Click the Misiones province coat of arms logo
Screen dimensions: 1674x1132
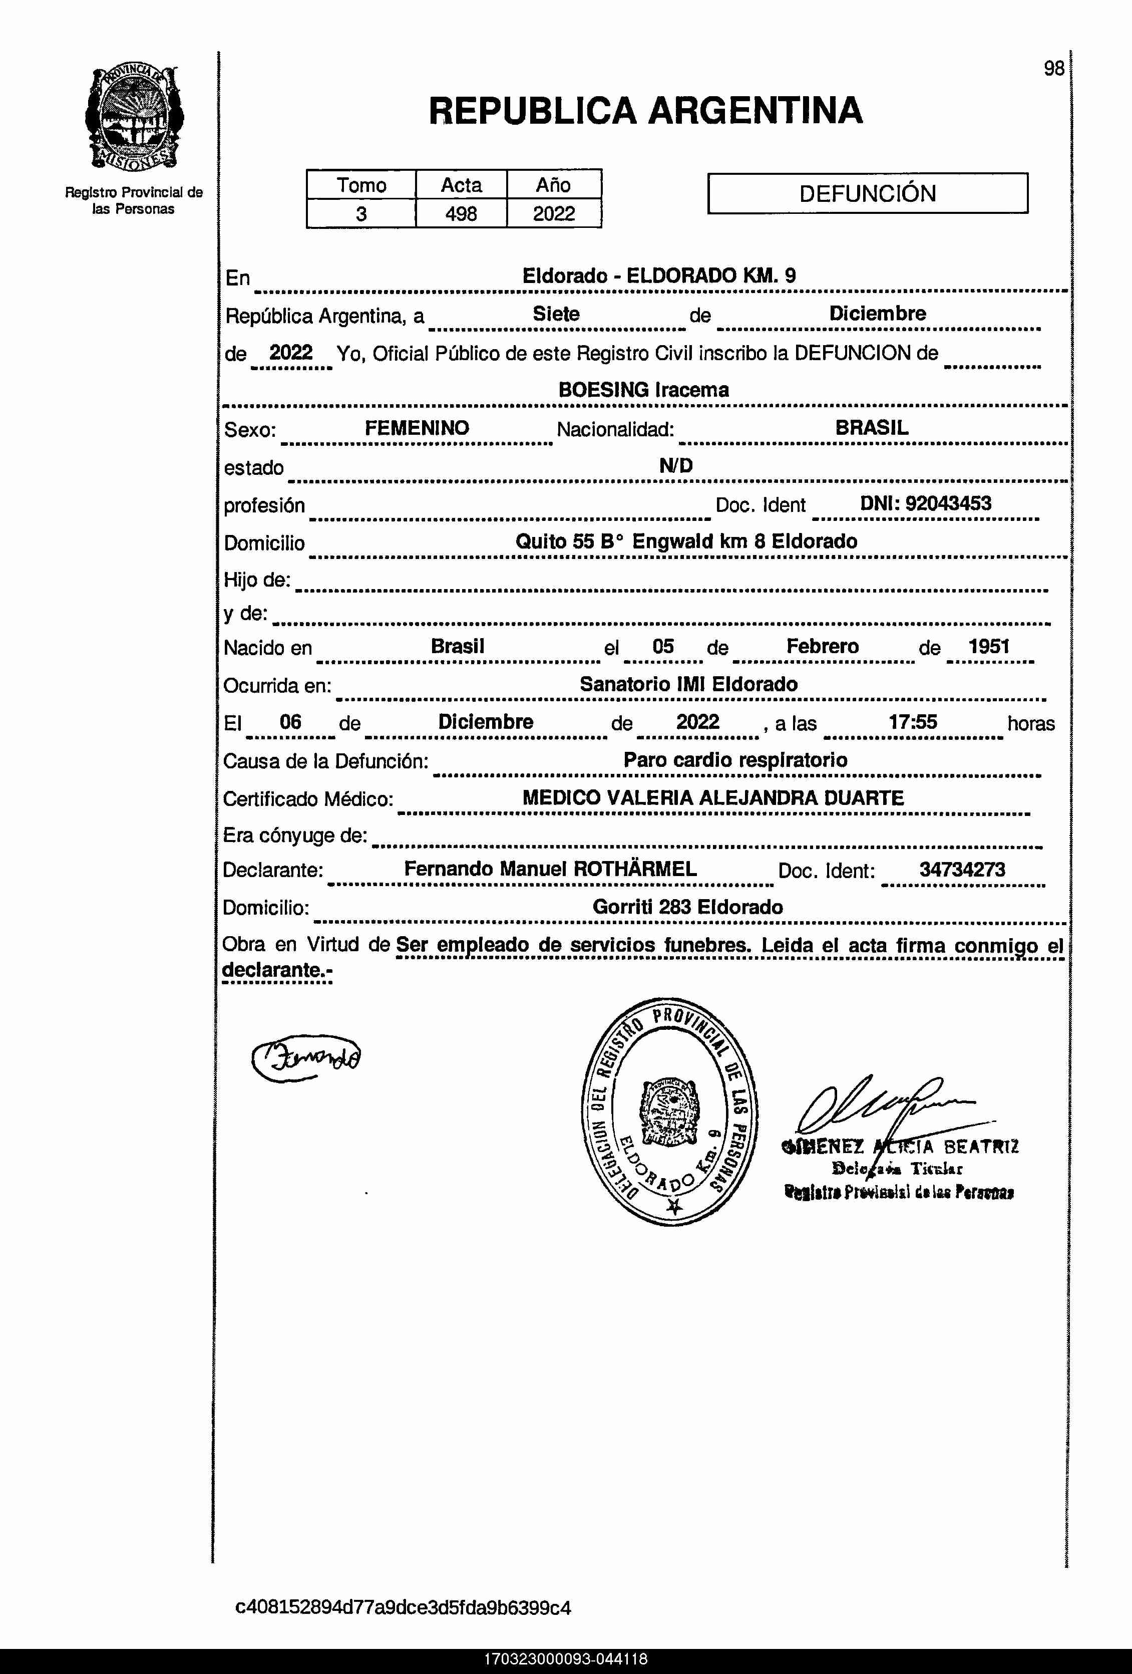coord(134,119)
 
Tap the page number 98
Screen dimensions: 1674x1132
coord(1053,69)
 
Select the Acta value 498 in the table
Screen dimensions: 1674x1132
coord(461,214)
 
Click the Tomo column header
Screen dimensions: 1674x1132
coord(361,185)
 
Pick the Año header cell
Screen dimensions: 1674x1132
coord(553,185)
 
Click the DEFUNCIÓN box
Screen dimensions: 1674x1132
coord(867,193)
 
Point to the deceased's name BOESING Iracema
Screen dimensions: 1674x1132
coord(644,390)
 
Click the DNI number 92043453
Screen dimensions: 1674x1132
coord(948,503)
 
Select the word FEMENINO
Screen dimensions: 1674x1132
coord(417,428)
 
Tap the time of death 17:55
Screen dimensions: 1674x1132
coord(912,722)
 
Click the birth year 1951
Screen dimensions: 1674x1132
coord(989,646)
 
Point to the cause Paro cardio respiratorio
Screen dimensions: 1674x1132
coord(735,760)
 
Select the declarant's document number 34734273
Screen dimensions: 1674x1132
coord(962,870)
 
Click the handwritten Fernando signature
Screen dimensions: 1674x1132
coord(306,1057)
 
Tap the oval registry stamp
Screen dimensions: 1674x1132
coord(668,1111)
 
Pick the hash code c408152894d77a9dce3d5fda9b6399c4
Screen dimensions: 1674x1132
coord(403,1608)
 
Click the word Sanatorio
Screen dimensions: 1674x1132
coord(624,684)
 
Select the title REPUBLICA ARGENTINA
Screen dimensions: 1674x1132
coord(645,111)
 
